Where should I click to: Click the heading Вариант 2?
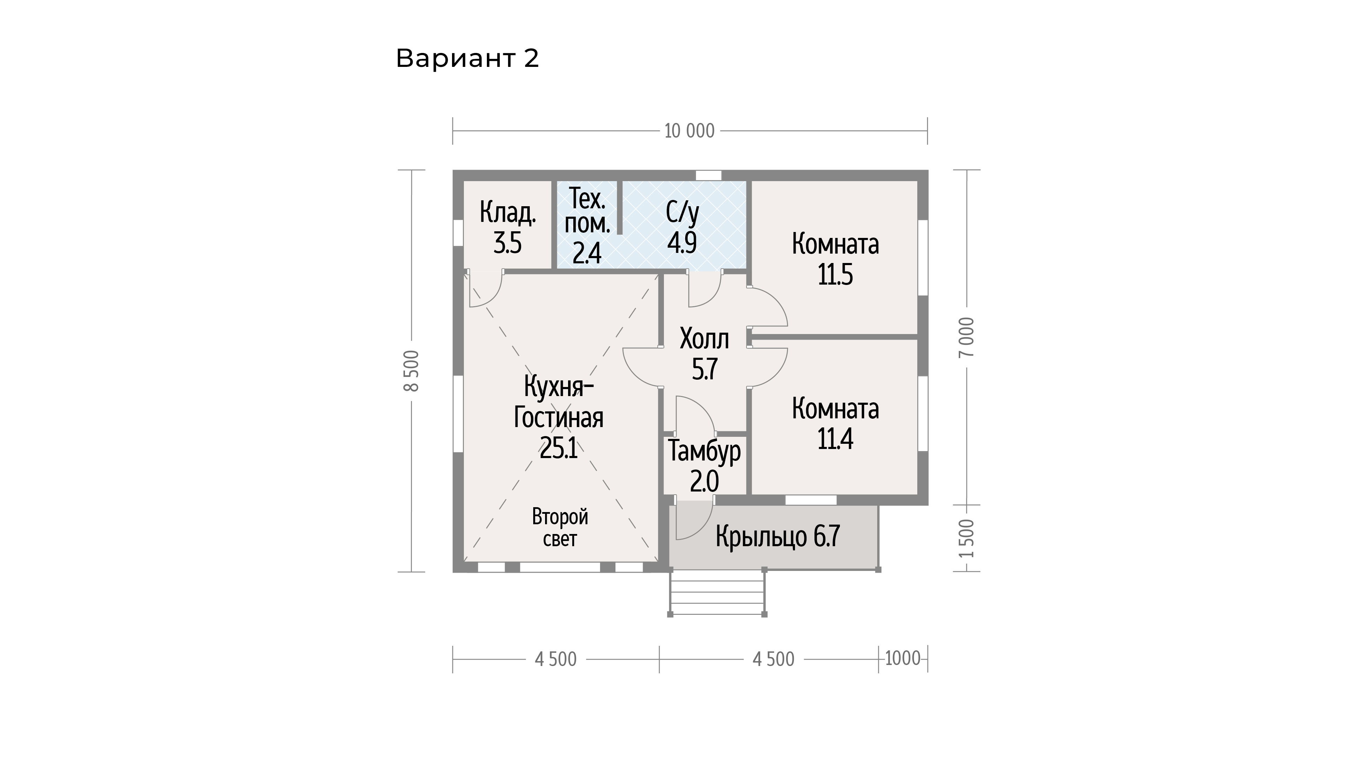point(467,59)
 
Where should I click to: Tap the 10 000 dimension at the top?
point(689,131)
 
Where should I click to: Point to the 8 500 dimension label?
point(412,371)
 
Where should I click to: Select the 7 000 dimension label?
point(966,337)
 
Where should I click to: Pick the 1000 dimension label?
point(903,659)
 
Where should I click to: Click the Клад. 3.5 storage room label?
point(508,227)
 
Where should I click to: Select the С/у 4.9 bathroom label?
point(682,227)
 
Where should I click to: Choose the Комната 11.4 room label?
point(835,424)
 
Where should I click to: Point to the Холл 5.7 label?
point(704,354)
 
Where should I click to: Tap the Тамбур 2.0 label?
point(704,466)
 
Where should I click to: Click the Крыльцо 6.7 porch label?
point(778,536)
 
